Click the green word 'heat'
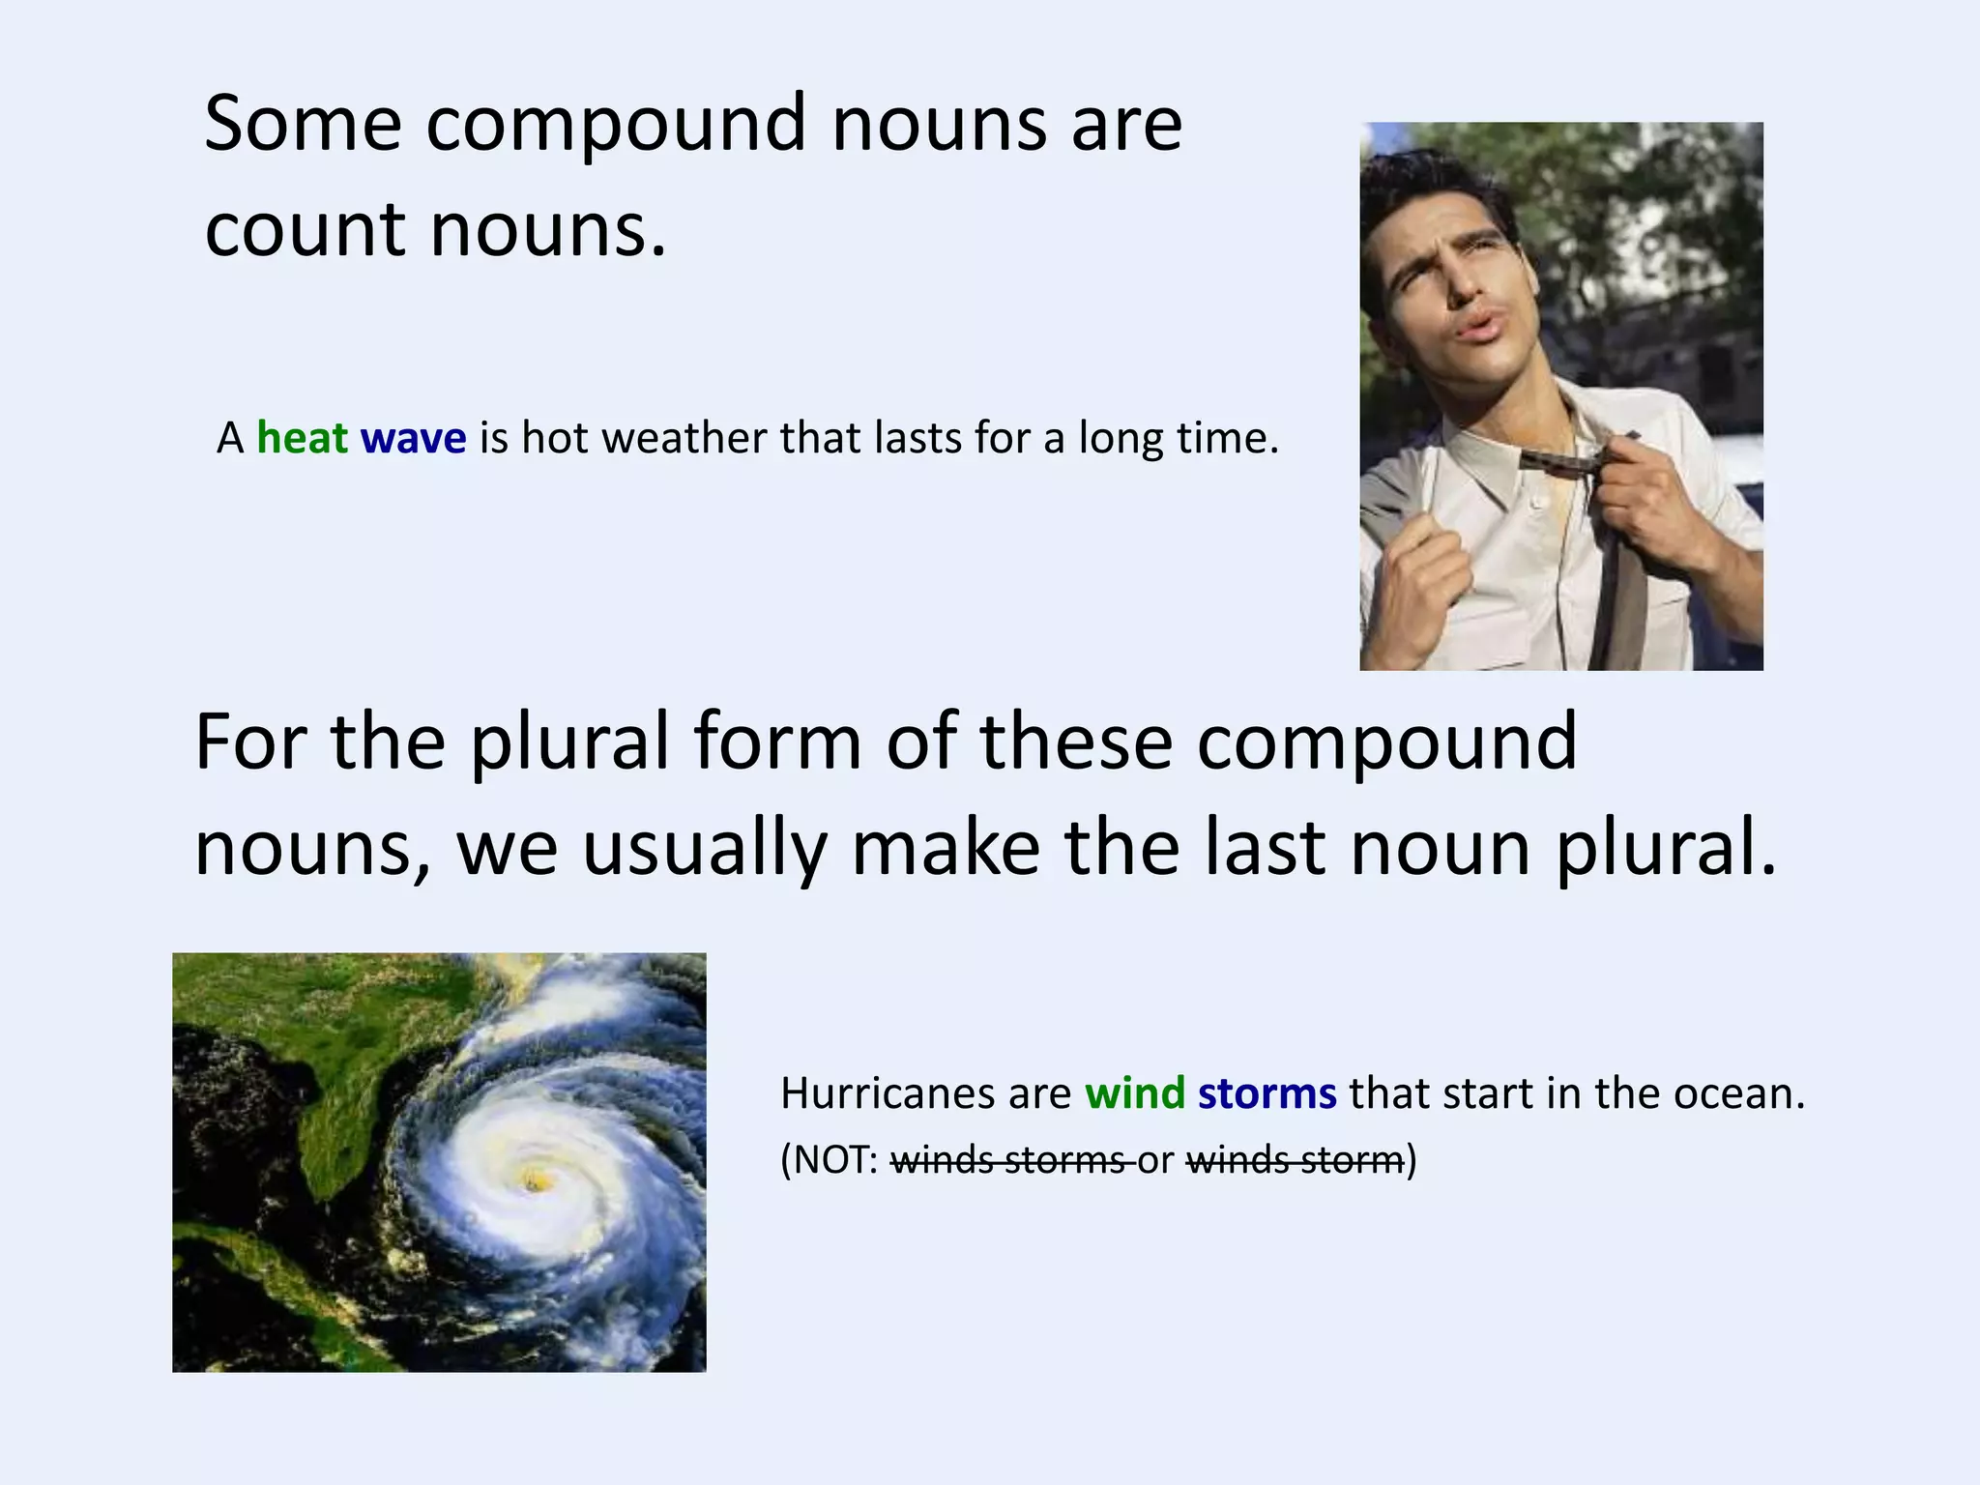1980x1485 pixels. point(302,438)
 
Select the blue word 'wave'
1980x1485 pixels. point(413,438)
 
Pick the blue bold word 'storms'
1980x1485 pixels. point(1267,1093)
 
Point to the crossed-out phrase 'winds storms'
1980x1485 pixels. point(1007,1159)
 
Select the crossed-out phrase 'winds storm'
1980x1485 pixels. point(1295,1159)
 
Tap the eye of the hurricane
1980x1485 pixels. point(531,1179)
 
